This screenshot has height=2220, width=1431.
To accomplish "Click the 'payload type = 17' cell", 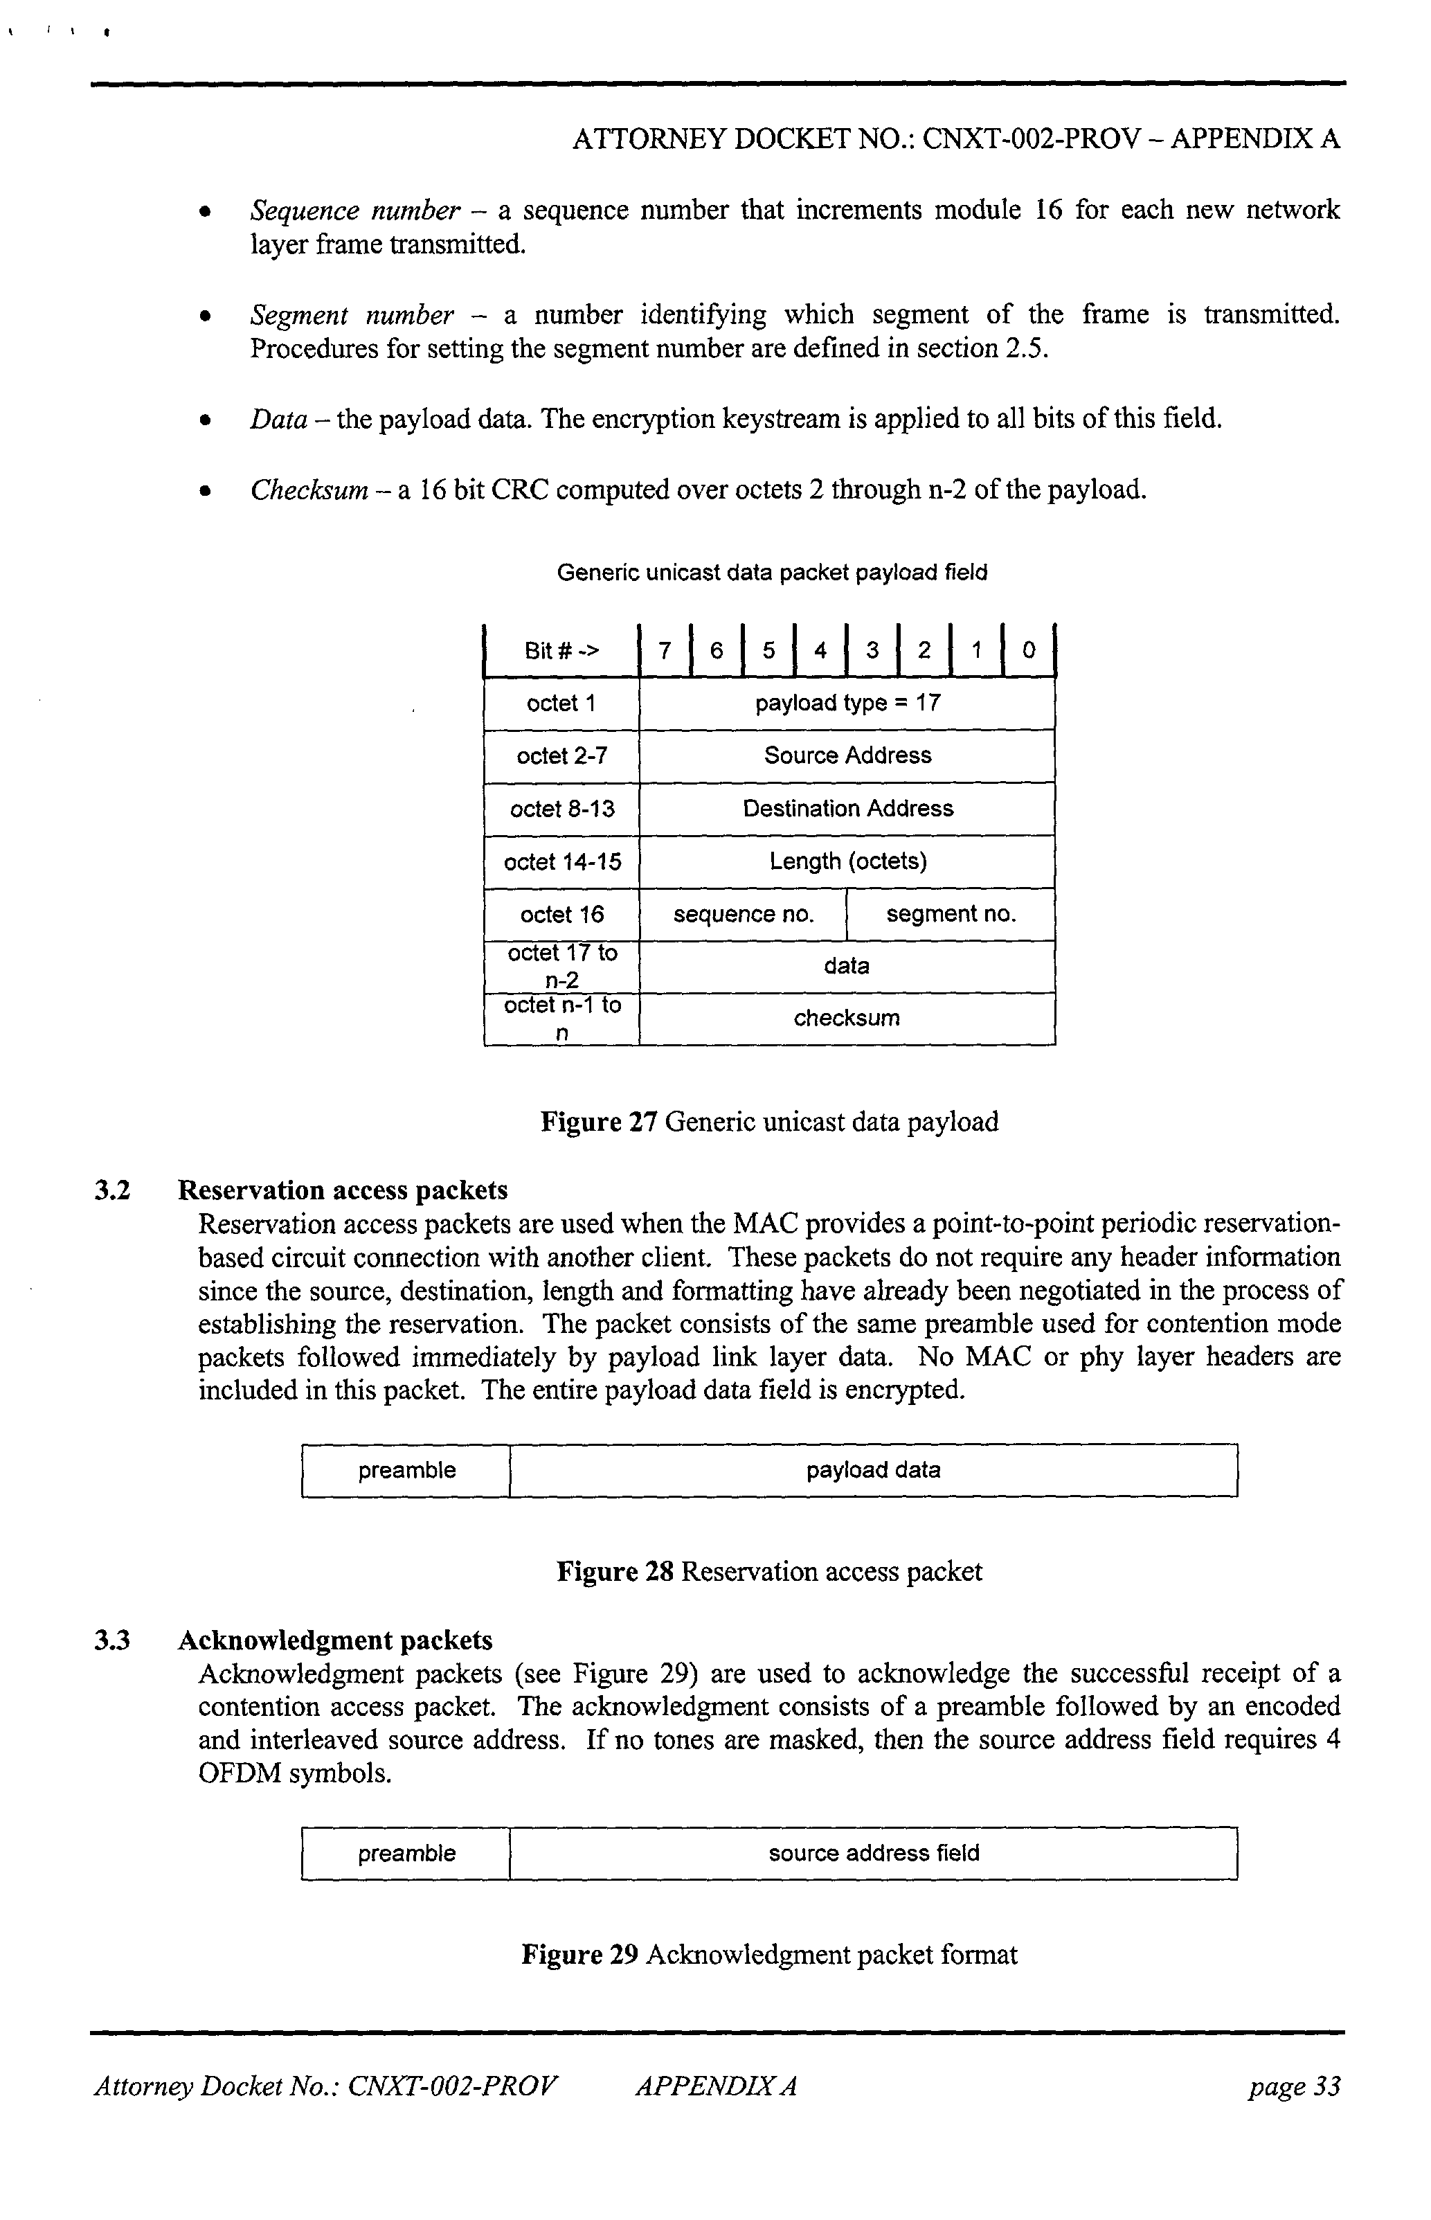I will [x=847, y=704].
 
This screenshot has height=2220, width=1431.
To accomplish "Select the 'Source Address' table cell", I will [x=847, y=755].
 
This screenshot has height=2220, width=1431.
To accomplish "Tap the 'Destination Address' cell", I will [x=847, y=809].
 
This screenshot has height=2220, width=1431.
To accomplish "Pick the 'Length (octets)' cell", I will [x=847, y=861].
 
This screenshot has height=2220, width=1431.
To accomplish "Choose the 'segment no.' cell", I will [x=951, y=915].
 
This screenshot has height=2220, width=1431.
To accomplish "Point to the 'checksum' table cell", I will [x=847, y=1019].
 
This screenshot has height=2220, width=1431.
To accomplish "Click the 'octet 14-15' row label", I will [x=562, y=862].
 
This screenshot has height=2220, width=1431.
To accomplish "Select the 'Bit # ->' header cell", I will [x=562, y=650].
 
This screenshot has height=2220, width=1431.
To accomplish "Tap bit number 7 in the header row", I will [x=665, y=650].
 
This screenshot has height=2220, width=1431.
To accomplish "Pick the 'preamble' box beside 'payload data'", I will [x=407, y=1470].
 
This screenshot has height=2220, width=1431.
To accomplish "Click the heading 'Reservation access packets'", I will [x=343, y=1190].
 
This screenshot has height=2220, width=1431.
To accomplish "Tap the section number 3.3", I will [x=111, y=1640].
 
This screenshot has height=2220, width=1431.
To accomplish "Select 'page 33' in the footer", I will [x=1295, y=2087].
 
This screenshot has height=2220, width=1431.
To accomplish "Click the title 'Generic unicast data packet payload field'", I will [x=771, y=573].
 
